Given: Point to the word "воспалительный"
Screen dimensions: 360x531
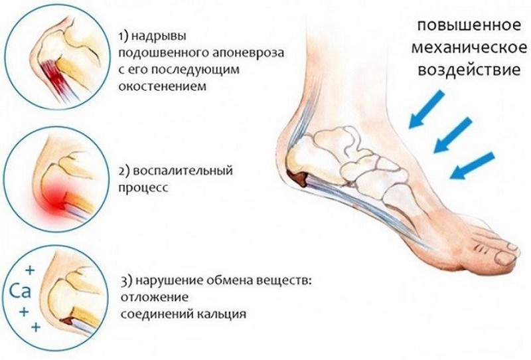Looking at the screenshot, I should click(x=189, y=171).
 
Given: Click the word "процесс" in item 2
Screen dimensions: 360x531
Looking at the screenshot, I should click(x=141, y=188).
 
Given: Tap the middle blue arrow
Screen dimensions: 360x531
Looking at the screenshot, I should click(x=451, y=136).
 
